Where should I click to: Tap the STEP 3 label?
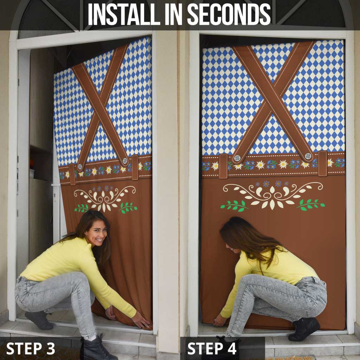(31, 348)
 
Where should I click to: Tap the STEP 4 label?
(213, 348)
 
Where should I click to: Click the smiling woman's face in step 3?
(96, 232)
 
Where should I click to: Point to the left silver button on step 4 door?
(237, 158)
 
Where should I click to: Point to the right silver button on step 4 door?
(308, 156)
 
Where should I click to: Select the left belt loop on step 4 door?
(223, 166)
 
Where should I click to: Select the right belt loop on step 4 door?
(323, 163)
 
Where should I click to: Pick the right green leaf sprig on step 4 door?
(310, 204)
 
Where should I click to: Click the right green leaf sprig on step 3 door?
(128, 207)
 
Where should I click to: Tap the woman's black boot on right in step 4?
(304, 328)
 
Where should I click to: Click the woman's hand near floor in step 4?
(220, 320)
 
